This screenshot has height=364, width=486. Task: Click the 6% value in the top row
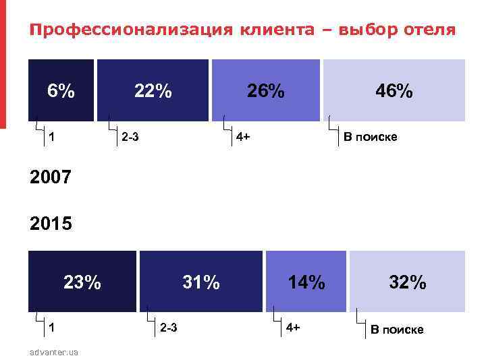click(61, 90)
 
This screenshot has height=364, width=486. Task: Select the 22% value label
click(153, 90)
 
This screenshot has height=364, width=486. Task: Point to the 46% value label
click(394, 90)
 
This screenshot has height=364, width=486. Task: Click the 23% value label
click(82, 282)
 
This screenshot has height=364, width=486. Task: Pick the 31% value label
click(201, 282)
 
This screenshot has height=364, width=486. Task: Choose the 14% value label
click(306, 282)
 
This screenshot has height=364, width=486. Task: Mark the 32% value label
click(407, 282)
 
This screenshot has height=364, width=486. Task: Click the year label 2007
click(51, 178)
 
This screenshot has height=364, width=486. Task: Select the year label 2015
click(51, 222)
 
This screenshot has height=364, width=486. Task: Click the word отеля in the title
click(430, 30)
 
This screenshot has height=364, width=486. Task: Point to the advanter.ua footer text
click(54, 353)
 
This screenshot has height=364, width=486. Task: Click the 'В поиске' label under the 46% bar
click(371, 138)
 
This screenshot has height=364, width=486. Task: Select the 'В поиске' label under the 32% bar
click(397, 330)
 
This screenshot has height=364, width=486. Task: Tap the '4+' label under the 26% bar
click(243, 138)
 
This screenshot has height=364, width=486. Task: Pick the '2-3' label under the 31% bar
click(169, 328)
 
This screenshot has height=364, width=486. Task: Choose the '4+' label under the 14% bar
click(293, 328)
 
